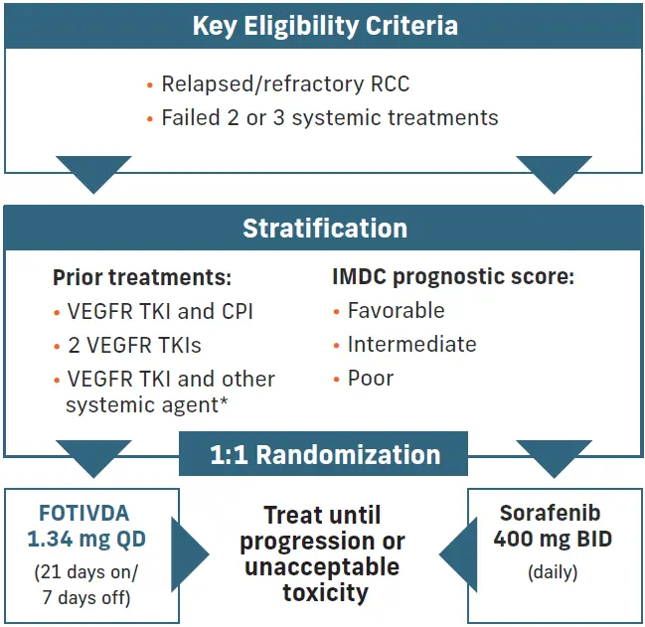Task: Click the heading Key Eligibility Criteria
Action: (325, 26)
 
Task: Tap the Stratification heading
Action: (325, 229)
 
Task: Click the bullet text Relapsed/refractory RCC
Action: (285, 84)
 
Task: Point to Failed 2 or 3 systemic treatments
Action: (330, 117)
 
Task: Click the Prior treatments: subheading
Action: (142, 277)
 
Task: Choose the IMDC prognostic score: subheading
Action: (453, 277)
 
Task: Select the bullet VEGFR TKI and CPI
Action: (160, 311)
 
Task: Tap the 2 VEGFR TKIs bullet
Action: (134, 345)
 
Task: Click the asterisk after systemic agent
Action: (224, 400)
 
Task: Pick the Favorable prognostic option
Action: (397, 310)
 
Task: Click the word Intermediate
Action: (412, 344)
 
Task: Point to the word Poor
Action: (371, 379)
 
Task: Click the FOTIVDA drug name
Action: (84, 513)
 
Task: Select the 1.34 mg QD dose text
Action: (86, 540)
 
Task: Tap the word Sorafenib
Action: (550, 513)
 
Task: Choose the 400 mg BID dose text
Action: (553, 539)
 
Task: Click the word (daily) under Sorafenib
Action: (553, 572)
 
